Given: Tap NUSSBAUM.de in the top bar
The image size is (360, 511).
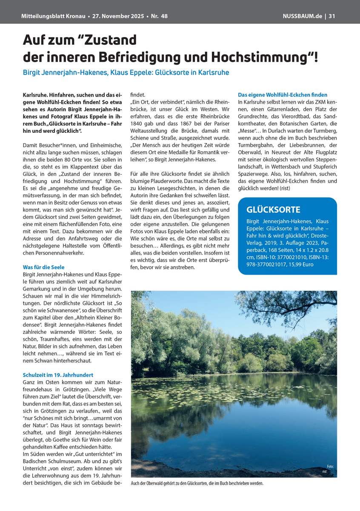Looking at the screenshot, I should click(x=302, y=16).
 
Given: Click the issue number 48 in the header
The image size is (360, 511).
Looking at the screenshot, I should click(x=164, y=16).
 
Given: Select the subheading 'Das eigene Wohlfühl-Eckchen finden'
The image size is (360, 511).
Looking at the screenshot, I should click(x=283, y=95).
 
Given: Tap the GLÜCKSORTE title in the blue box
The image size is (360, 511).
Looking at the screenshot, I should click(x=274, y=210).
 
